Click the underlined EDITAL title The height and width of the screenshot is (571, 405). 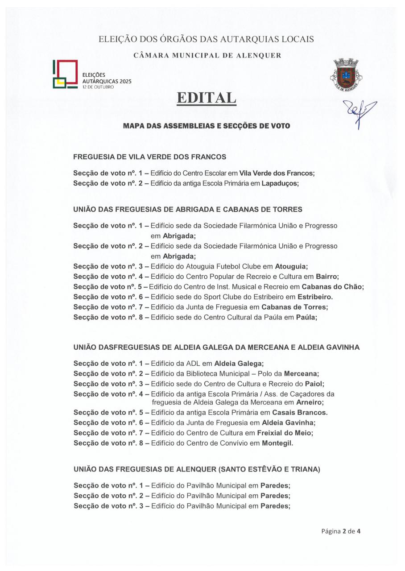206,98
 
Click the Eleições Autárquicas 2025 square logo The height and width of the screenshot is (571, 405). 66,74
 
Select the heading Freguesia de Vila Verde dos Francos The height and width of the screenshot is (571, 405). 149,157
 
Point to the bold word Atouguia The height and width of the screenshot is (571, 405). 291,266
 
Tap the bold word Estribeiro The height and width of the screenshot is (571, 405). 315,297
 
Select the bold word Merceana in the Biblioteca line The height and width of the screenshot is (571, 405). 301,374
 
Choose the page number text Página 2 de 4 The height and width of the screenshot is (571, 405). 341,531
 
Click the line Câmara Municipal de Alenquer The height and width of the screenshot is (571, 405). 207,56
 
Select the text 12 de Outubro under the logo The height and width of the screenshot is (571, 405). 98,87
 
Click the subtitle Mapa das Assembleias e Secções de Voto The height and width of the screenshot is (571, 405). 206,126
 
